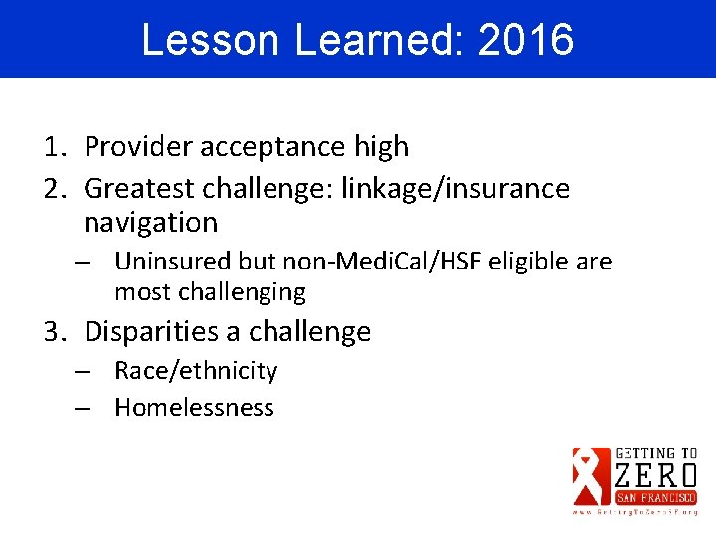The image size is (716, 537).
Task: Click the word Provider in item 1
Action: coord(137,147)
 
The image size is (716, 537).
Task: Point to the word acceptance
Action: coord(272,147)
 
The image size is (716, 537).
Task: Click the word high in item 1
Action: coord(381,147)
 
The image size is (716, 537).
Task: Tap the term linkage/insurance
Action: coord(454,188)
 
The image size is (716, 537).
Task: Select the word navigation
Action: coord(150,223)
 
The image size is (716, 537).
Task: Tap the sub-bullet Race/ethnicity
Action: coord(196,371)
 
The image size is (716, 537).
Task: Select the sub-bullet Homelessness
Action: coord(194,407)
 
